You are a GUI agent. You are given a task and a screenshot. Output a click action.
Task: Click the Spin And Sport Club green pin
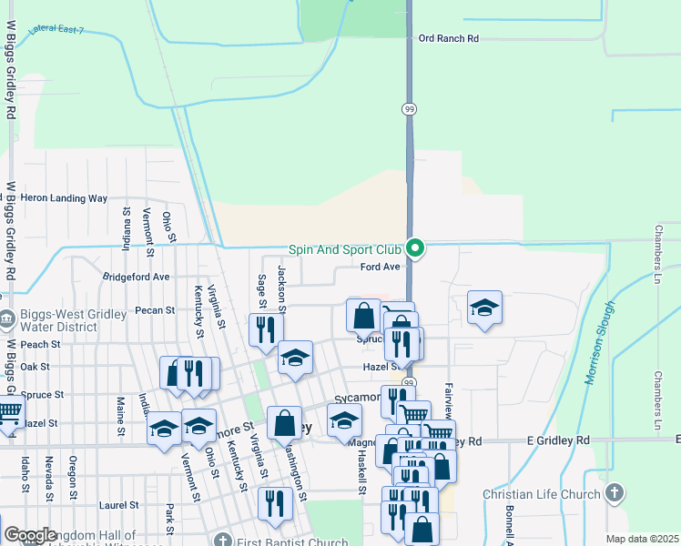[415, 248]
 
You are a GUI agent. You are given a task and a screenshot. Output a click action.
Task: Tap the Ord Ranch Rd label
[448, 38]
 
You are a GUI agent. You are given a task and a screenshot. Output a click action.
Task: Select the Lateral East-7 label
[56, 31]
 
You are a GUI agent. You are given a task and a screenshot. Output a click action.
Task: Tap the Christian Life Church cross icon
[615, 494]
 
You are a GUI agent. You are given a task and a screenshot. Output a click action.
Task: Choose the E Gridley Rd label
[558, 440]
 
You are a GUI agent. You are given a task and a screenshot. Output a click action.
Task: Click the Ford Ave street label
[380, 267]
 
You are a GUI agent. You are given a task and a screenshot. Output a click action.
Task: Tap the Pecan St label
[155, 310]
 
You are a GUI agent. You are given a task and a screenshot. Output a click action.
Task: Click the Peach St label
[40, 345]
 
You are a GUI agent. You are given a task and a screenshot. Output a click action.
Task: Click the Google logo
[30, 535]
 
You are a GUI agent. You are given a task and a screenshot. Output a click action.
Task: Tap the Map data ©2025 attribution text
[641, 539]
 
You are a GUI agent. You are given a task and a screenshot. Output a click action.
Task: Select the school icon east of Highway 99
[484, 308]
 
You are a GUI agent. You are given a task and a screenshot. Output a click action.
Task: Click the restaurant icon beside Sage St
[266, 329]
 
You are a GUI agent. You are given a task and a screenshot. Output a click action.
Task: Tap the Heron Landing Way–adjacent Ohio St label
[168, 227]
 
